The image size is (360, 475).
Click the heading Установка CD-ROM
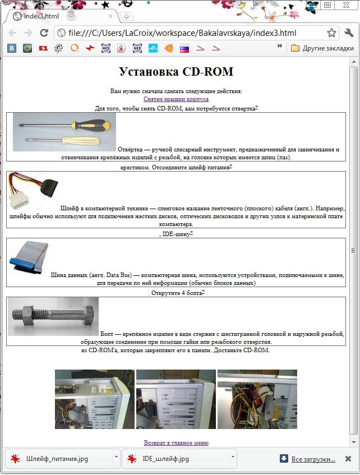pyautogui.click(x=176, y=72)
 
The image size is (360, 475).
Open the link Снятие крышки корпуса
pyautogui.click(x=176, y=99)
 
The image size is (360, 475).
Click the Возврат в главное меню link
pyautogui.click(x=176, y=442)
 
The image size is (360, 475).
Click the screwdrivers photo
pyautogui.click(x=64, y=132)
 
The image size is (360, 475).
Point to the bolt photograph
pyautogui.click(x=53, y=316)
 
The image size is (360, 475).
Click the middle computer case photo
pyautogui.click(x=176, y=399)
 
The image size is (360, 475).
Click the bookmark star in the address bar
pyautogui.click(x=331, y=33)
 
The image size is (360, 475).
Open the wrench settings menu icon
pyautogui.click(x=349, y=33)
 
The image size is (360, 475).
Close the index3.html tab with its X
pyautogui.click(x=110, y=16)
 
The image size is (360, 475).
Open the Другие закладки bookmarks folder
pyautogui.click(x=322, y=48)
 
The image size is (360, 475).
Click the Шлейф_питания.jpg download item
pyautogui.click(x=57, y=459)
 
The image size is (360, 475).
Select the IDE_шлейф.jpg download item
pyautogui.click(x=165, y=459)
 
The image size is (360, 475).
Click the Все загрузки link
pyautogui.click(x=313, y=459)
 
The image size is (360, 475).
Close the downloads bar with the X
pyautogui.click(x=348, y=459)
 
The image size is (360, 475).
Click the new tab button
pyautogui.click(x=127, y=16)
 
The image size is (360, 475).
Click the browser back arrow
pyautogui.click(x=13, y=33)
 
